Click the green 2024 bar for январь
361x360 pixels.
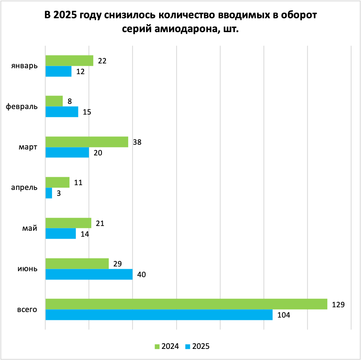click(x=69, y=61)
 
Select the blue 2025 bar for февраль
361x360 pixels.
click(x=62, y=112)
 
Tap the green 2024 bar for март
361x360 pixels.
click(x=87, y=142)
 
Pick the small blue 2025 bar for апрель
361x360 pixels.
click(x=49, y=193)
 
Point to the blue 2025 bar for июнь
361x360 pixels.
click(x=89, y=274)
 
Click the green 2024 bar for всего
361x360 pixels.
click(x=186, y=304)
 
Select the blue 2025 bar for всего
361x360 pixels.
click(x=159, y=315)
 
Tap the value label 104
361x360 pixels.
click(x=284, y=315)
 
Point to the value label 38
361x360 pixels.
click(x=138, y=142)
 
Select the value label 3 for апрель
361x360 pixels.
click(x=58, y=193)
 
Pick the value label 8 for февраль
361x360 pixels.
click(x=69, y=101)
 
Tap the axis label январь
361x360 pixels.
click(x=25, y=66)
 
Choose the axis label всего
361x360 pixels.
click(x=27, y=309)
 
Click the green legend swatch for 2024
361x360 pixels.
click(x=157, y=346)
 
